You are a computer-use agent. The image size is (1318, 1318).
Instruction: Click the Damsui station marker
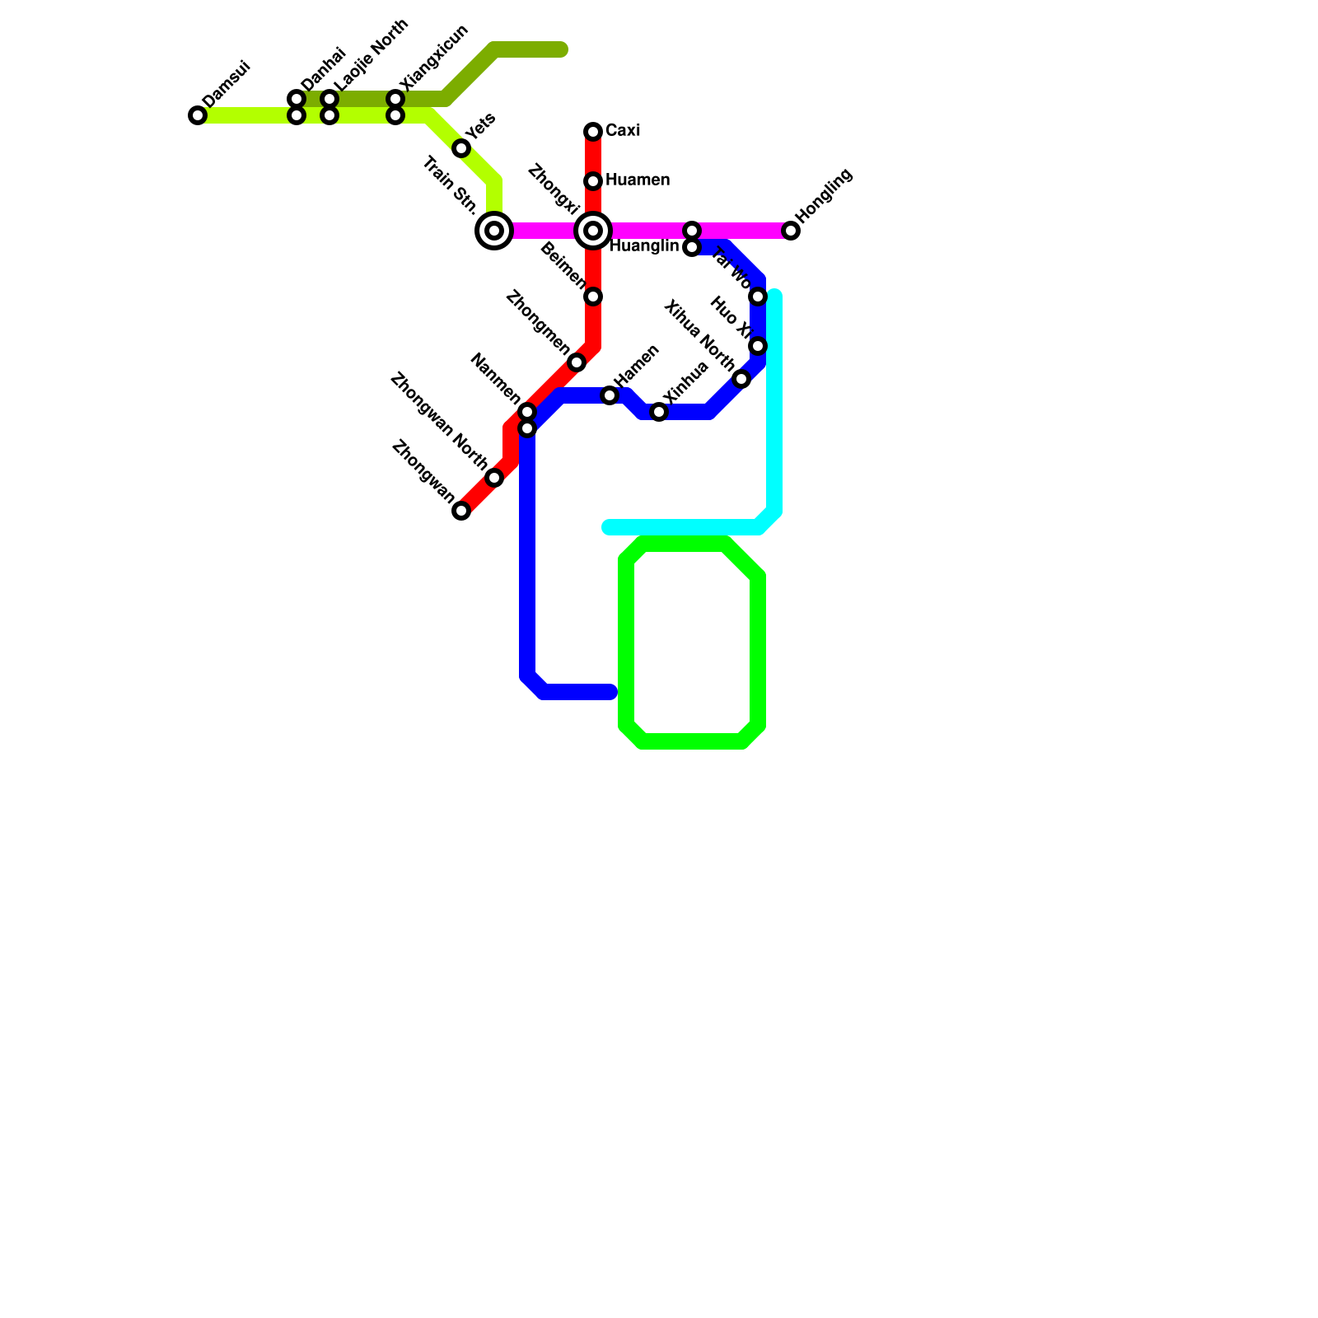click(198, 115)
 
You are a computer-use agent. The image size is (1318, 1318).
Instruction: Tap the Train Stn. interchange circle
click(494, 231)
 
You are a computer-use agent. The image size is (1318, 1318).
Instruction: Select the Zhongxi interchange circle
click(593, 231)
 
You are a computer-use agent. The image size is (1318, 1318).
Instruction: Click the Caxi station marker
click(593, 132)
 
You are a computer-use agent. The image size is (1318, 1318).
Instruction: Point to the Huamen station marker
click(593, 181)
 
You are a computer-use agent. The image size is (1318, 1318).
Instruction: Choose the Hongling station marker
click(791, 231)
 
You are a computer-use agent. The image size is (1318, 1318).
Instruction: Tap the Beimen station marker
click(593, 297)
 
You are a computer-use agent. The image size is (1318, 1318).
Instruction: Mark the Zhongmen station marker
click(577, 362)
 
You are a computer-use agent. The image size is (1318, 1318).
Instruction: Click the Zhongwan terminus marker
click(461, 511)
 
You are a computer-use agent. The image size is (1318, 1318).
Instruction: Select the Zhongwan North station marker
click(494, 478)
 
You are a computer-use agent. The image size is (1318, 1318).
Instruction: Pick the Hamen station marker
click(610, 396)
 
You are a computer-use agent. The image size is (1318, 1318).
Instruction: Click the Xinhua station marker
click(659, 412)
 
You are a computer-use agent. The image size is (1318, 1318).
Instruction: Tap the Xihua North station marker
click(741, 379)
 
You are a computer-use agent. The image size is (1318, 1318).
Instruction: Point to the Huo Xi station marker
click(758, 346)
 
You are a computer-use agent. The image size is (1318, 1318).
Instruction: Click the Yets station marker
click(461, 148)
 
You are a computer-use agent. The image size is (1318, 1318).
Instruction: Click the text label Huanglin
click(644, 246)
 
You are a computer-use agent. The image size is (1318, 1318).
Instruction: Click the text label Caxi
click(623, 131)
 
